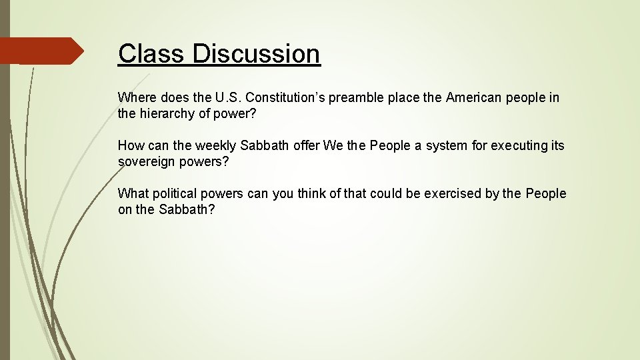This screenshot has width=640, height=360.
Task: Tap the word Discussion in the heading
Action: point(257,53)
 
